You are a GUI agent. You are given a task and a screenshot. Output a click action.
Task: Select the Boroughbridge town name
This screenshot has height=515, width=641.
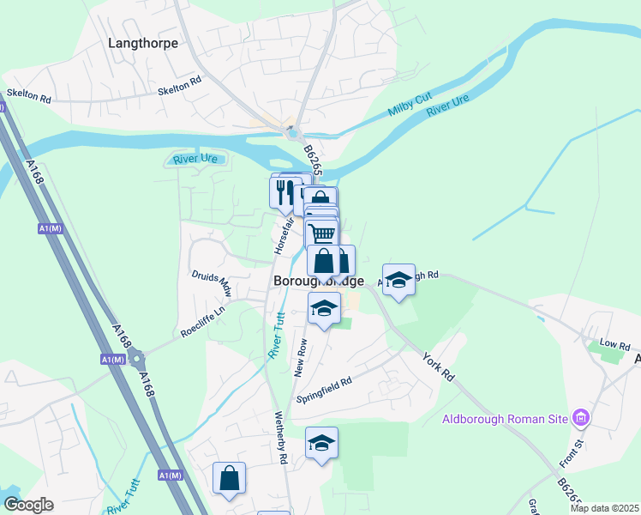[318, 281]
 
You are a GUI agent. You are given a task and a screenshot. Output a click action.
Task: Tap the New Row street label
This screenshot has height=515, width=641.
[302, 354]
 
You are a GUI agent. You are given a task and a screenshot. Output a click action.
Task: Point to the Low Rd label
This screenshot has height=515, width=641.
[608, 343]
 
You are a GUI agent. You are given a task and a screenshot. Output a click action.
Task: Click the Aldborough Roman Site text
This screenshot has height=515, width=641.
[506, 419]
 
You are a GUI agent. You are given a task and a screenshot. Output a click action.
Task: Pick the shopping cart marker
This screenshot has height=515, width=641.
[322, 233]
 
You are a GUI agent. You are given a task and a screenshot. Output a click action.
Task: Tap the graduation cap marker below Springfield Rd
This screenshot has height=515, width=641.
[321, 443]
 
